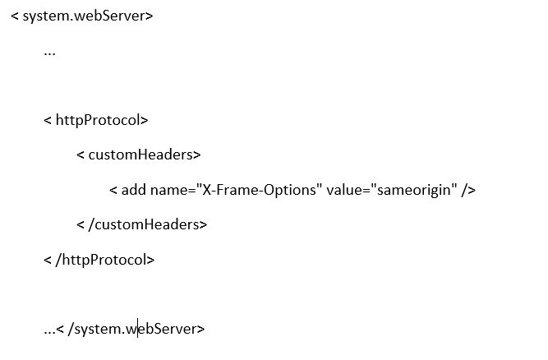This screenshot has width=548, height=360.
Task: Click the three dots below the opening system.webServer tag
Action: pos(49,54)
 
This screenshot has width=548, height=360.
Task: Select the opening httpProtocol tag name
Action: pos(98,121)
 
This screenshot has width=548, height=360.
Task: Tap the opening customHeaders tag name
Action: pos(140,155)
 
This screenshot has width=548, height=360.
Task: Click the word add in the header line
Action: pos(133,190)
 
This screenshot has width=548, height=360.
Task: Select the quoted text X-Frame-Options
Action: pos(260,190)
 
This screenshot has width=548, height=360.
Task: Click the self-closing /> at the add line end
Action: pos(468,190)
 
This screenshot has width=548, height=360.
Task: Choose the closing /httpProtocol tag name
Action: pos(101,260)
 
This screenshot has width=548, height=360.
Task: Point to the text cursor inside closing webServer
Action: pos(138,328)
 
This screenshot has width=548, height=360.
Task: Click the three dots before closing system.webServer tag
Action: pos(49,332)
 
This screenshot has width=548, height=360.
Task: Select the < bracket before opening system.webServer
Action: pos(15,16)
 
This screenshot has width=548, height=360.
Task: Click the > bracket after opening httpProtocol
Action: pos(145,121)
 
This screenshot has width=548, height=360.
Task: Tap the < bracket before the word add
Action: pos(113,191)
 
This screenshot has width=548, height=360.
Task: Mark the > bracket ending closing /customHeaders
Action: pos(204,224)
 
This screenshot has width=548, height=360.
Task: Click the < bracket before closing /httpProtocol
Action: pos(48,261)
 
